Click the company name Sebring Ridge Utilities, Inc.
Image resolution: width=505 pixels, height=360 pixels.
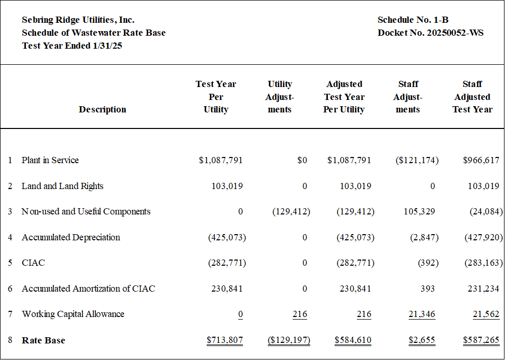tap(78, 20)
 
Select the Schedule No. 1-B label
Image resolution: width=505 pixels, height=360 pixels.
tap(413, 20)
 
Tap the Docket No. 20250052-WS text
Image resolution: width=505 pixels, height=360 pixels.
tap(430, 33)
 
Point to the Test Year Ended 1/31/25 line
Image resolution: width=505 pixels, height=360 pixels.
tap(72, 46)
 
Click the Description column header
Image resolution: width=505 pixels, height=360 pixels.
tap(103, 109)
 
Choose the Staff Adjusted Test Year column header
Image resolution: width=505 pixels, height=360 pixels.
tap(472, 96)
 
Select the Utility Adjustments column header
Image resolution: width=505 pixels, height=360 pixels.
tap(280, 96)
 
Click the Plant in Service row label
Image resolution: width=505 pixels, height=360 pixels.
tap(50, 160)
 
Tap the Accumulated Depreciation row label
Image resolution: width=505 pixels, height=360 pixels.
tap(71, 237)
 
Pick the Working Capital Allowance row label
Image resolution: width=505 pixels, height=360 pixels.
tap(73, 314)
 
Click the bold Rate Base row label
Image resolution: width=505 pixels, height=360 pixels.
tap(44, 340)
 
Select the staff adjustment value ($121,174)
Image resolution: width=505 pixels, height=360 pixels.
tap(417, 160)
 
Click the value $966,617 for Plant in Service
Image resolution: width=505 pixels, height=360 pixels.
tap(481, 160)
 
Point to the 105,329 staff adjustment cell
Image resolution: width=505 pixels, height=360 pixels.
tap(420, 211)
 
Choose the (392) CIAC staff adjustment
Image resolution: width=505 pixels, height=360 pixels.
tap(428, 263)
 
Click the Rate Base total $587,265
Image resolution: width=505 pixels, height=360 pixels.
tap(481, 340)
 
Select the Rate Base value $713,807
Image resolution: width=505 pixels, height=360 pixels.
tap(225, 340)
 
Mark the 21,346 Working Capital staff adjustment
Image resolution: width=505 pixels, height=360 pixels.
tap(422, 314)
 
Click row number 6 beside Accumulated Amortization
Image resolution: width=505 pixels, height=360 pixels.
tap(10, 289)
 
